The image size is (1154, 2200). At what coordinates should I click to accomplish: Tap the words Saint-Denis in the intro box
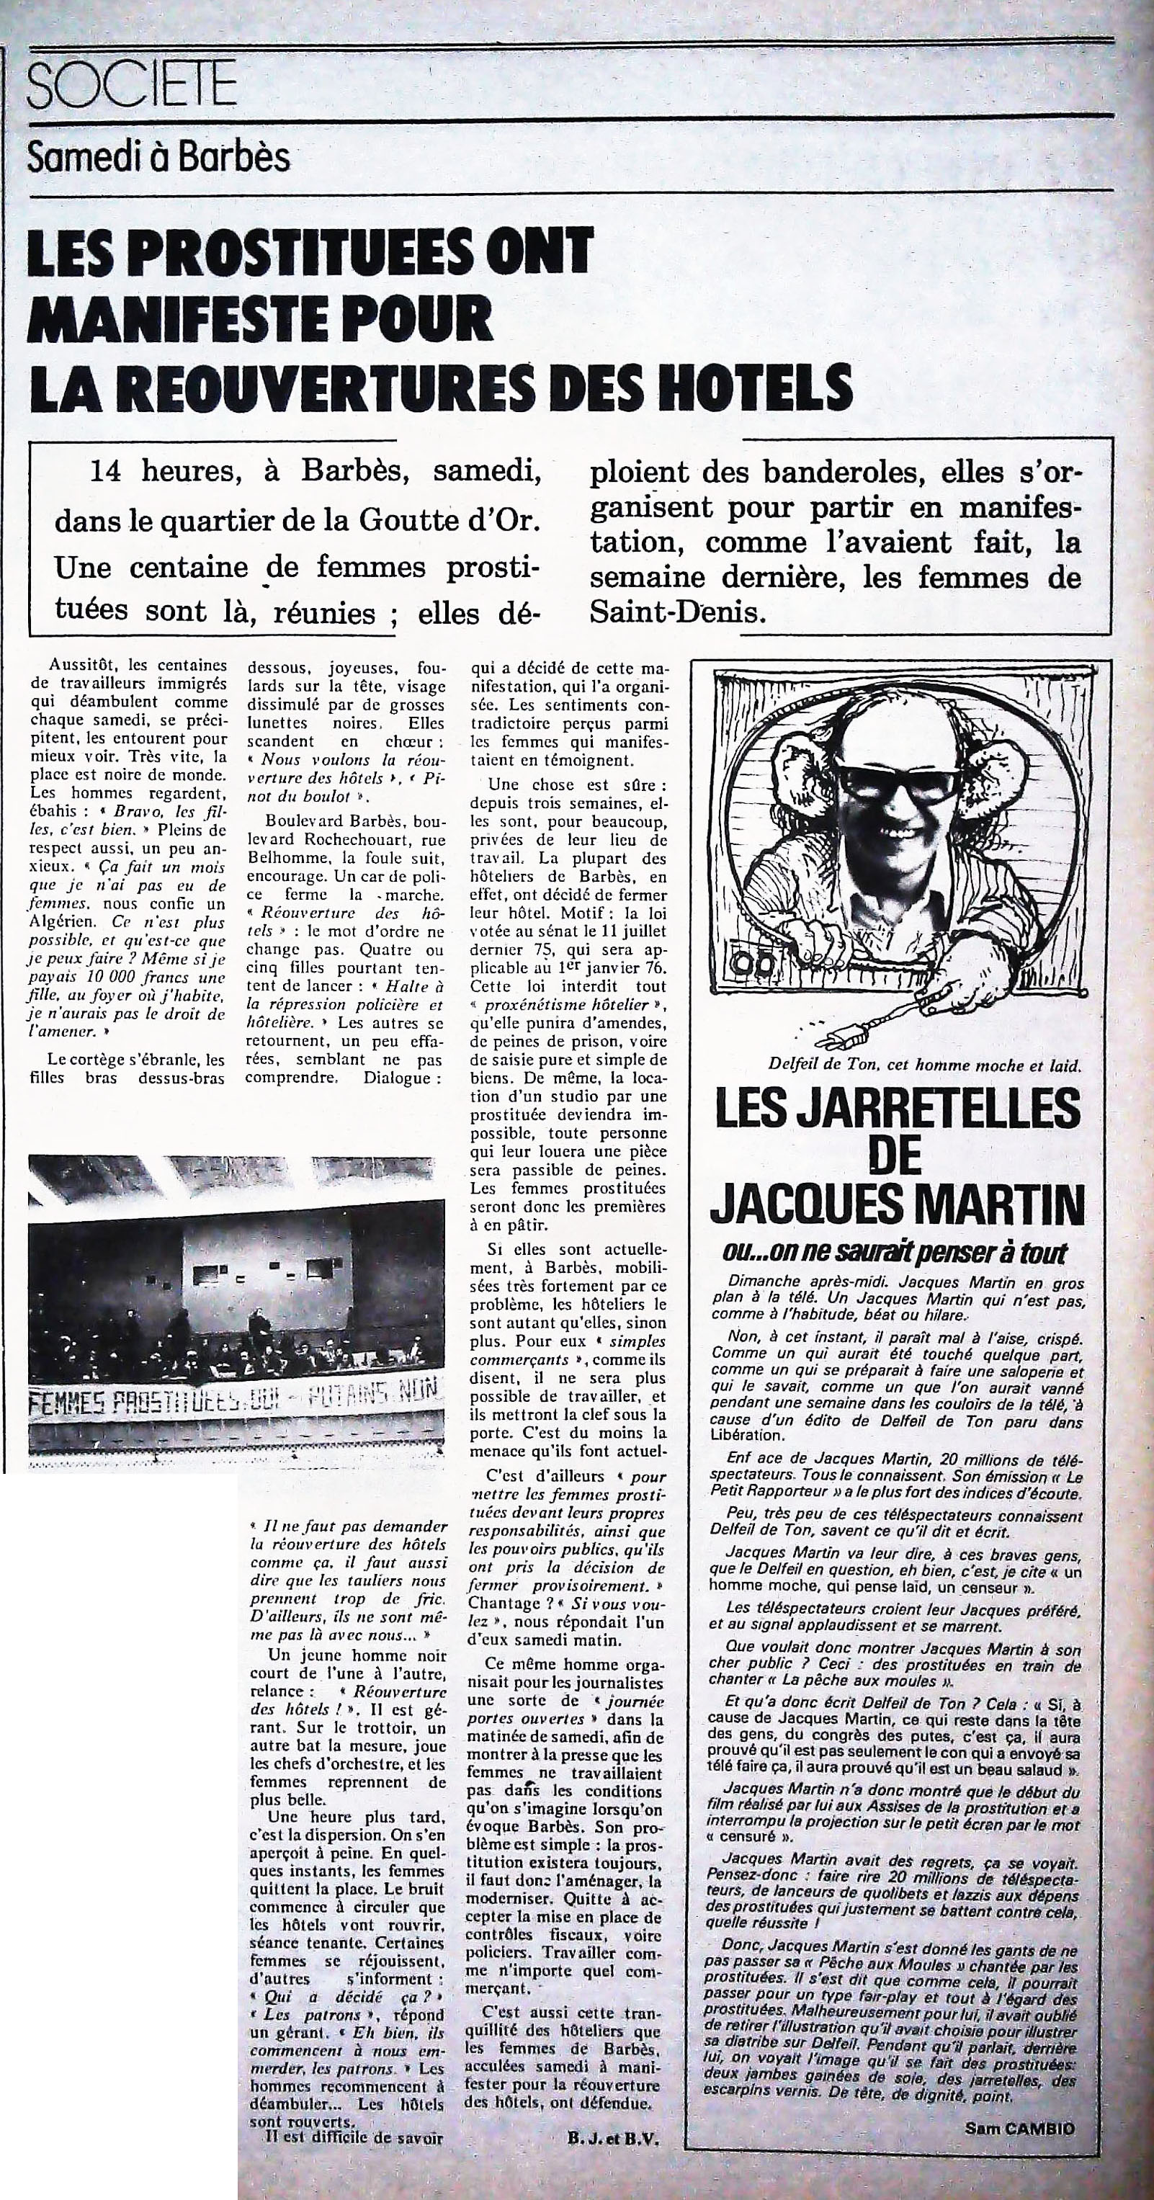674,612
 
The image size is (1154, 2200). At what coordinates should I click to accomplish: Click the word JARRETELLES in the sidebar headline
897,1111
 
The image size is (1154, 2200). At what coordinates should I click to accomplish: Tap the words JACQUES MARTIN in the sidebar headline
897,1202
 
